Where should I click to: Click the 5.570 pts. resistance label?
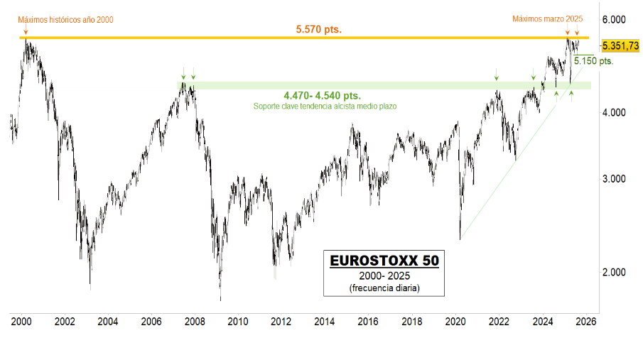[318, 29]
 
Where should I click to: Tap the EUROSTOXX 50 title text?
[384, 261]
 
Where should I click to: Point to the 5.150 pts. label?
[593, 61]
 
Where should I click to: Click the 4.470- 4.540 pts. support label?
[322, 95]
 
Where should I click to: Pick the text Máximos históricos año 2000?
[65, 19]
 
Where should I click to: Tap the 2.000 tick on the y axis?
[615, 273]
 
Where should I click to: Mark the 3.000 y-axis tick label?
[615, 179]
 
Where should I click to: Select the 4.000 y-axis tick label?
[615, 113]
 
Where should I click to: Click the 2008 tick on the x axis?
[194, 321]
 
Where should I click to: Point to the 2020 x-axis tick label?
[455, 321]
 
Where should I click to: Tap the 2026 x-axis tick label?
[585, 321]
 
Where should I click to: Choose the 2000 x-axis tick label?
[21, 321]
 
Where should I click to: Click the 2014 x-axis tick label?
[324, 321]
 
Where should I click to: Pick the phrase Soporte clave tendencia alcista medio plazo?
[325, 106]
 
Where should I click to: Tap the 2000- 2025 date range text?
[384, 276]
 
